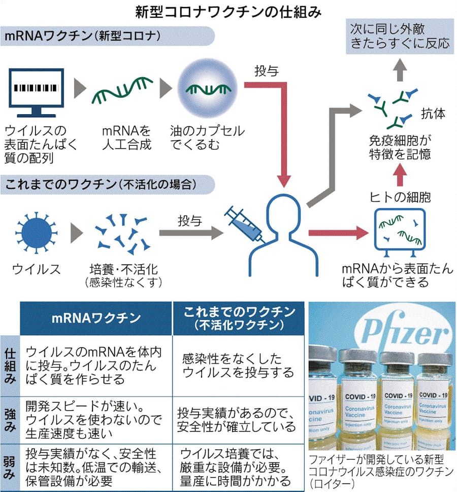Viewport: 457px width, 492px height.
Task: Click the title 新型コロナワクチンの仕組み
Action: point(228,12)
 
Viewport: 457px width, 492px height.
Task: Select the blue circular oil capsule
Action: point(207,89)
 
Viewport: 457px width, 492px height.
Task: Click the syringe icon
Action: point(245,224)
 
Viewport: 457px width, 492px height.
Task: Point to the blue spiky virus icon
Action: point(35,233)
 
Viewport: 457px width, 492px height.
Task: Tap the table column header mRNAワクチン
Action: point(96,318)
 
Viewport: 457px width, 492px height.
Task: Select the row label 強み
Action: point(9,418)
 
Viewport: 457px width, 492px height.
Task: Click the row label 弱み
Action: point(9,466)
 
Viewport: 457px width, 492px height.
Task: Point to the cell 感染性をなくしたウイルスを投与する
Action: point(238,365)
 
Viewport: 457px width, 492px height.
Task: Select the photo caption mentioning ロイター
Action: point(381,472)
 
